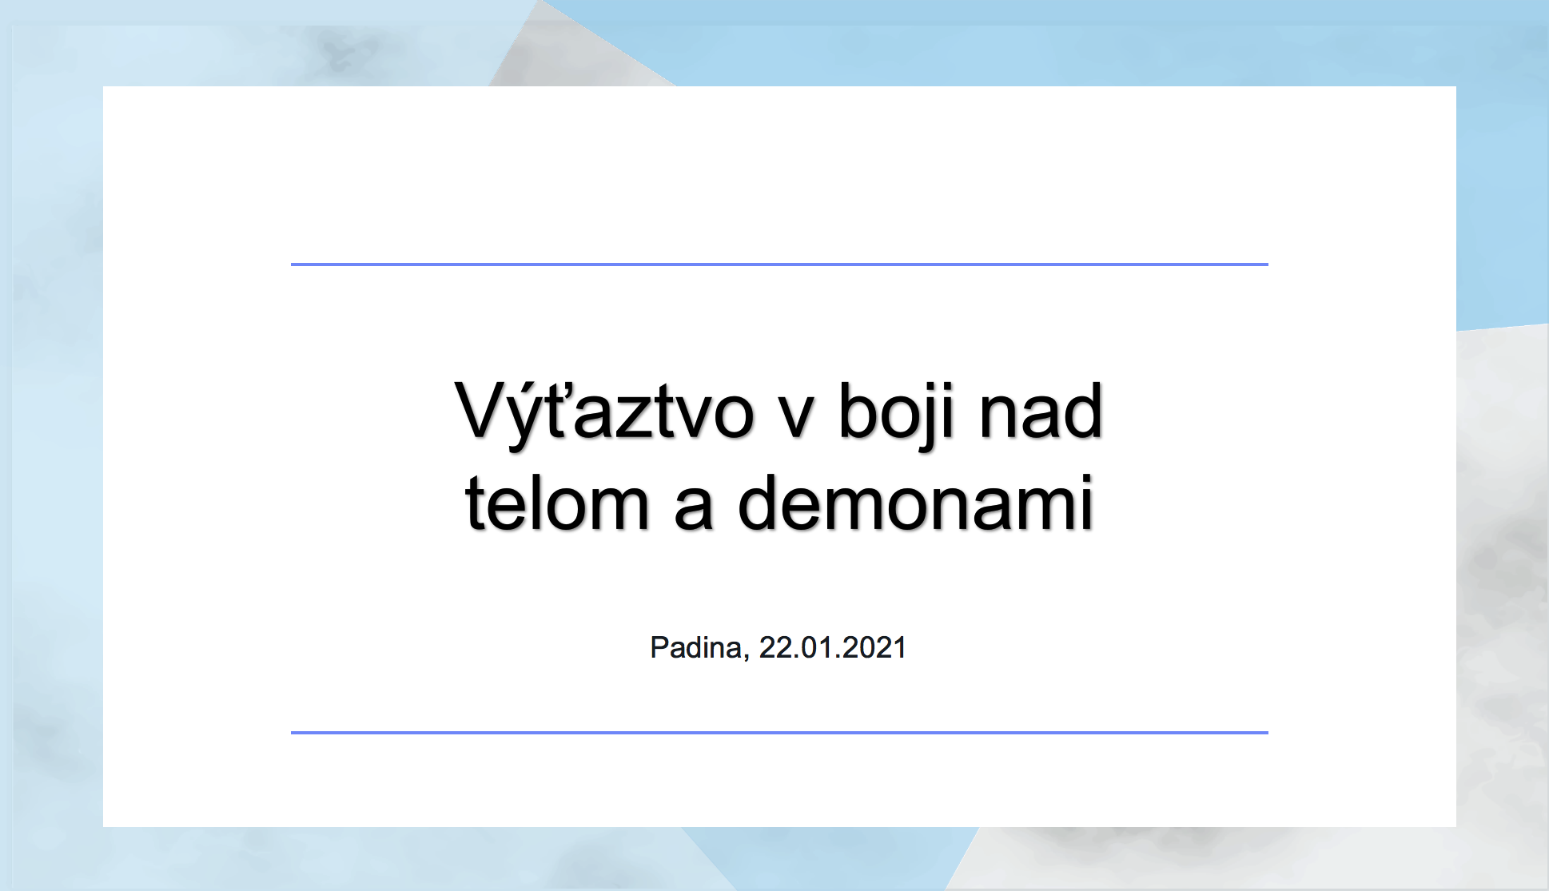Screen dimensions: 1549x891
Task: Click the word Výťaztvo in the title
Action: [x=604, y=414]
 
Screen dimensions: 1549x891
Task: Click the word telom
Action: [x=556, y=503]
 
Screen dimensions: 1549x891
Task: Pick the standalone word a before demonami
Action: [x=693, y=510]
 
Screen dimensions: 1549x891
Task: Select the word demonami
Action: [x=915, y=503]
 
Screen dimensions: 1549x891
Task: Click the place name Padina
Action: [x=695, y=647]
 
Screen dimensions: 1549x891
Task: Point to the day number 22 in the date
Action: [x=774, y=647]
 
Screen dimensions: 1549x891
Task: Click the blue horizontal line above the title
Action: [x=779, y=264]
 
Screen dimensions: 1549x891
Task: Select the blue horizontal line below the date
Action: [x=779, y=732]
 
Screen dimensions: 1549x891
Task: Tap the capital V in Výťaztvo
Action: [x=483, y=410]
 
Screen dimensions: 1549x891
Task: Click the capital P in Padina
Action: [x=660, y=647]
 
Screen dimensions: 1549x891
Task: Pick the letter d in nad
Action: [x=1082, y=411]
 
